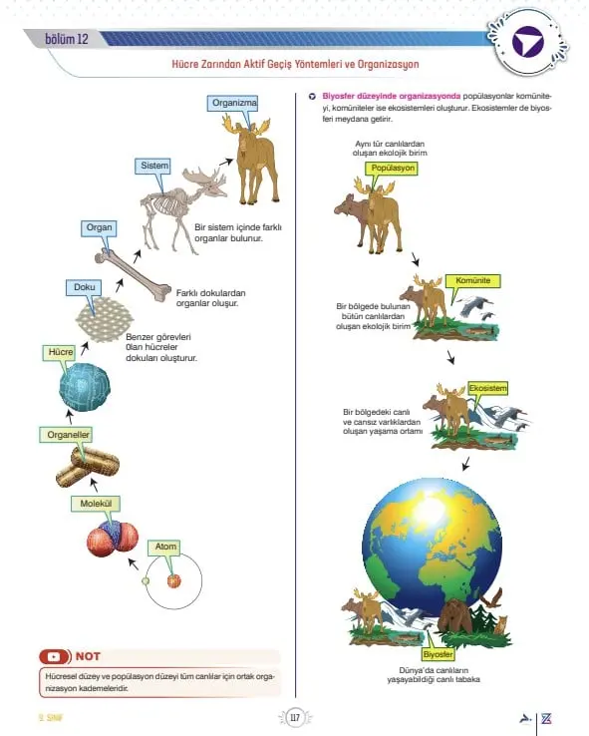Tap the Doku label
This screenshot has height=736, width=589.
(84, 287)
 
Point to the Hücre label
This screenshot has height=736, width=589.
(60, 352)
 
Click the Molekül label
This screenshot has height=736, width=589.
(96, 504)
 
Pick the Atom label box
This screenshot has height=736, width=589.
(164, 547)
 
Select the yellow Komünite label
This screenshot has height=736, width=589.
(472, 280)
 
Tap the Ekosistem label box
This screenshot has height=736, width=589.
(487, 389)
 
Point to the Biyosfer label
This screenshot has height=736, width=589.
(438, 654)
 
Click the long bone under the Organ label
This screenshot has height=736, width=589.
(134, 275)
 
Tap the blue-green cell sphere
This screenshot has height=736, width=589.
(85, 387)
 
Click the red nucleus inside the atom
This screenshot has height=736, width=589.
(174, 580)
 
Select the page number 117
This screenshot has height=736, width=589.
(295, 718)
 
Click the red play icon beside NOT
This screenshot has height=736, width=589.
(55, 656)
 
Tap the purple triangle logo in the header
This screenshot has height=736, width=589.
(527, 43)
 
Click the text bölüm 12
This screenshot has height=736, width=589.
(67, 39)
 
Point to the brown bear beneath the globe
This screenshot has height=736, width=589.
(455, 617)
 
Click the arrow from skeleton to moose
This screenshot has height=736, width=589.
(226, 162)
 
